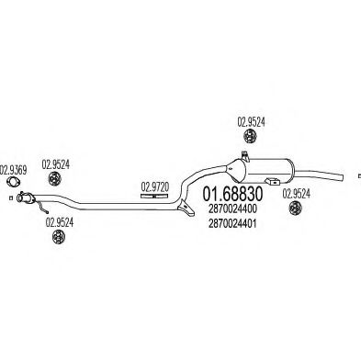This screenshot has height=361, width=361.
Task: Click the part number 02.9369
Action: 13,170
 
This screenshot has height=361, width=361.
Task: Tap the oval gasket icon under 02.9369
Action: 13,182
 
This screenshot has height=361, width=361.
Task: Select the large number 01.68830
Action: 232,194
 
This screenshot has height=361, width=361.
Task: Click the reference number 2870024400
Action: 232,209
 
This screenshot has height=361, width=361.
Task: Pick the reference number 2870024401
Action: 232,224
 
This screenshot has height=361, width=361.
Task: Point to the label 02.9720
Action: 154,186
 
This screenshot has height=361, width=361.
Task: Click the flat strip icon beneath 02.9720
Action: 154,196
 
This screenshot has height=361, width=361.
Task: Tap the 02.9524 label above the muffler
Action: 251,122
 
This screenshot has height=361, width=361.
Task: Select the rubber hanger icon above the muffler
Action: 250,136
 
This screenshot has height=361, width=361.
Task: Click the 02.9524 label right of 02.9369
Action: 56,164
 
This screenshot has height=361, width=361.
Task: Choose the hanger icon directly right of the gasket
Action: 55,179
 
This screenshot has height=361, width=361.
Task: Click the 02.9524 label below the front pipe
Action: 60,222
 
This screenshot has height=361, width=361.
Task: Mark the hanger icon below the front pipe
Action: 58,237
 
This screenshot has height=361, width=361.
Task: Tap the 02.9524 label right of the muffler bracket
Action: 296,194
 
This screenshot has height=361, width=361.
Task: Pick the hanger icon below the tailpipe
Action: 296,209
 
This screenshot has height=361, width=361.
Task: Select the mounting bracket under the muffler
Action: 273,181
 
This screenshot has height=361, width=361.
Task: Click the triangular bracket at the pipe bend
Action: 186,207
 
